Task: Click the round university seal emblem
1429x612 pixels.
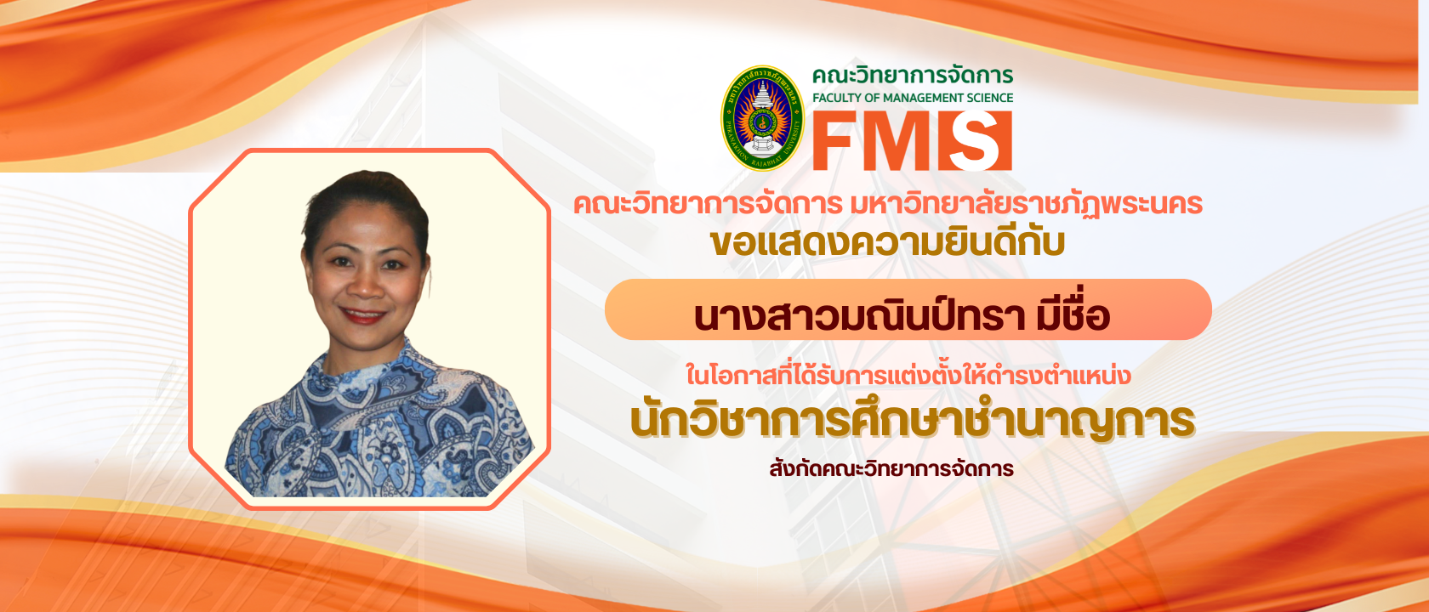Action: click(762, 118)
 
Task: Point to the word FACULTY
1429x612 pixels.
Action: click(836, 98)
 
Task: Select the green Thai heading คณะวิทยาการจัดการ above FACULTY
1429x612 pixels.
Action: click(912, 76)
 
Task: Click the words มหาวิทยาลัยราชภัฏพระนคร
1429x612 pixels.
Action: click(1026, 205)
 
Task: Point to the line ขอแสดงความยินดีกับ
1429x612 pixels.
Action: click(887, 243)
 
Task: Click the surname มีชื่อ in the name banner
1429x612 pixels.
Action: click(1073, 316)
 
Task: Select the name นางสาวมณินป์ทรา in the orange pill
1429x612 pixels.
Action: click(859, 316)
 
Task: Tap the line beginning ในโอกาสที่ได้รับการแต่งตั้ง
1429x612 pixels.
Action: click(908, 375)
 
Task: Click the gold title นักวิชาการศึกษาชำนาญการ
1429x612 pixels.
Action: click(912, 421)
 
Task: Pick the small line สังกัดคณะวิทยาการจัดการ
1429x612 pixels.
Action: click(891, 468)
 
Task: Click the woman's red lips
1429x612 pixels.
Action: click(364, 315)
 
